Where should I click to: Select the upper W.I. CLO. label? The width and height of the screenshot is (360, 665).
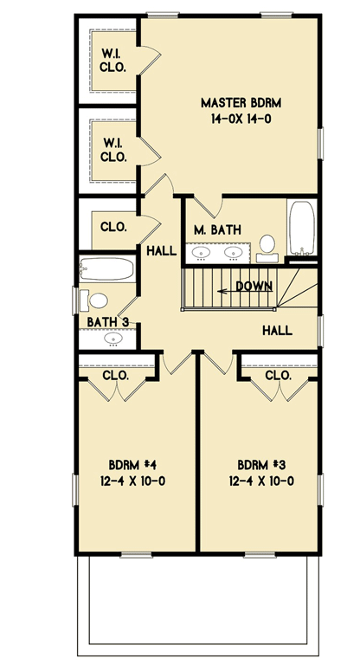point(114,60)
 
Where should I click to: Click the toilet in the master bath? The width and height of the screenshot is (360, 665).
point(267,245)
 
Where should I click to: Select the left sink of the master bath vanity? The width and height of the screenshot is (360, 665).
point(202,254)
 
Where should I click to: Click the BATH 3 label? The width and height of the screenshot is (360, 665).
point(108,322)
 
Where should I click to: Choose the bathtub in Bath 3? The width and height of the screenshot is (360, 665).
point(107,269)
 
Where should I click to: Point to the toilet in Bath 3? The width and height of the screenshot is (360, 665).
point(95,300)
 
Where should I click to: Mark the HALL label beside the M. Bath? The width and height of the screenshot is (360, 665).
point(162,251)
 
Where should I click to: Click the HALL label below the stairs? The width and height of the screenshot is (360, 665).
point(277,330)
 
